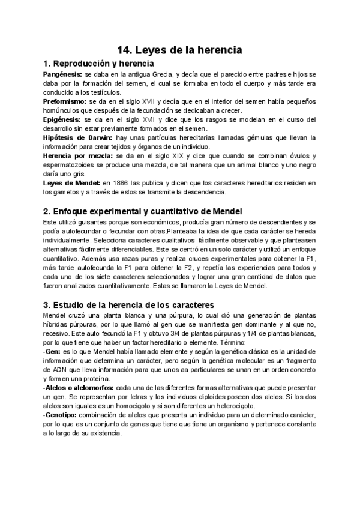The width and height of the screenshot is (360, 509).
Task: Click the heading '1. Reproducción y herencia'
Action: tap(99, 63)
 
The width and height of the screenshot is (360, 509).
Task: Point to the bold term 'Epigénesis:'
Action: tap(62, 120)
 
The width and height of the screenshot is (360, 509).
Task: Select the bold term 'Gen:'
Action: tap(53, 351)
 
